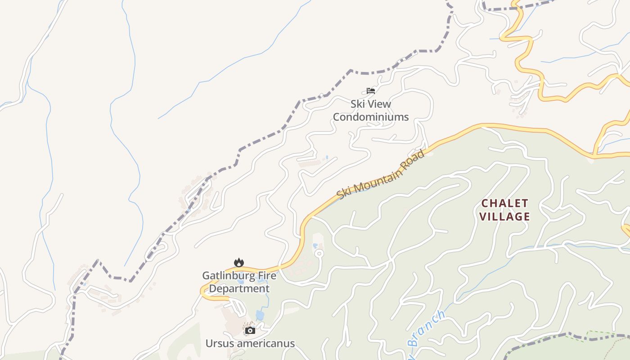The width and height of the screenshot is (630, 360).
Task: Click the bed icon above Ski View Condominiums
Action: tap(371, 91)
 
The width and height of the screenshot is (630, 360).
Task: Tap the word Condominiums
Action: tap(371, 117)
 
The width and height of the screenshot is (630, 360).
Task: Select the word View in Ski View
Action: tap(379, 104)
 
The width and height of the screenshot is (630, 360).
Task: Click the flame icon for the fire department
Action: tap(238, 262)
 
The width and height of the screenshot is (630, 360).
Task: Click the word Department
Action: tap(239, 288)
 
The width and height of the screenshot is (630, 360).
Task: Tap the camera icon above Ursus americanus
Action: tap(250, 331)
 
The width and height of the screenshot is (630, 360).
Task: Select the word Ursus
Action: tap(219, 344)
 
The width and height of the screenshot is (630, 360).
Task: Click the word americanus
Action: tap(265, 344)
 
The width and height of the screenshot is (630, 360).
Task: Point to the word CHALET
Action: tap(504, 203)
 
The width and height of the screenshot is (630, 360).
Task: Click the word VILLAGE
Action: tap(504, 216)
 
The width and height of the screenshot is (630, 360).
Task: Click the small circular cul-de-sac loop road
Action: tap(319, 254)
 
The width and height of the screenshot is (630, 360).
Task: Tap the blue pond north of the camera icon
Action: tap(260, 315)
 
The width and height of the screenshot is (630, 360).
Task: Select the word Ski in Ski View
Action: tap(358, 104)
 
